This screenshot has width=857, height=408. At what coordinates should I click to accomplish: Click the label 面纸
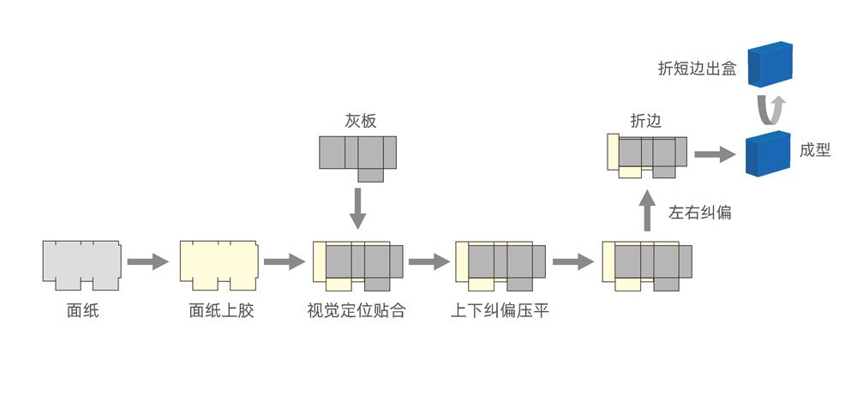click(83, 311)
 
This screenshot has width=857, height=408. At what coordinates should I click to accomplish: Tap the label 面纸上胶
click(221, 311)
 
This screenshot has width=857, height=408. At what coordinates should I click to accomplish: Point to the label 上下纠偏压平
click(500, 311)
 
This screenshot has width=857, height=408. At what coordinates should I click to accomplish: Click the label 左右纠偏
click(700, 213)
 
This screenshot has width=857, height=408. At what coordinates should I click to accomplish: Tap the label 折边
click(645, 122)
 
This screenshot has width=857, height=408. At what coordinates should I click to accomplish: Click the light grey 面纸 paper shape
click(81, 262)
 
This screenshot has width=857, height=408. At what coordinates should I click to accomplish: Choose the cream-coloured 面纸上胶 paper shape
click(219, 262)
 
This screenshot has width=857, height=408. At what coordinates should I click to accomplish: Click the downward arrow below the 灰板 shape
click(358, 208)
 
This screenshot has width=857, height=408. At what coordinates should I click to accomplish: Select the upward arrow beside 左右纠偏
click(648, 211)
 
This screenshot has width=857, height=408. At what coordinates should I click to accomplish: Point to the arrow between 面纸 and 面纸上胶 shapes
click(147, 261)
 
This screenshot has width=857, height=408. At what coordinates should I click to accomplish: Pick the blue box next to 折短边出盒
click(770, 64)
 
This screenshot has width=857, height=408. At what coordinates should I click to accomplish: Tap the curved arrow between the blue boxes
click(770, 110)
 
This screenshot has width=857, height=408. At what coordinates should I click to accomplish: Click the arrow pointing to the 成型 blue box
click(715, 154)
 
